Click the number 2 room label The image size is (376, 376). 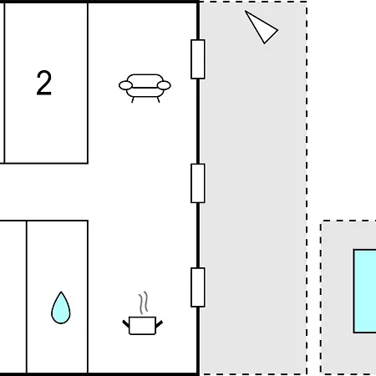44,83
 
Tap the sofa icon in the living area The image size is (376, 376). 145,88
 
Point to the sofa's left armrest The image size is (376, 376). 125,85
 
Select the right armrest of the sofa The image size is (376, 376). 164,85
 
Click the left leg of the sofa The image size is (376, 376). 133,99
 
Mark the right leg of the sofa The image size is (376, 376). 158,99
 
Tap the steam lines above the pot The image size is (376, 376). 144,302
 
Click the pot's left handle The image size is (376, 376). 126,324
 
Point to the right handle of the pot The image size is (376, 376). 159,324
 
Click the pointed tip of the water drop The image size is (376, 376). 61,292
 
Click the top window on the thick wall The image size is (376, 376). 198,59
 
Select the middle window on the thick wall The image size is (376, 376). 198,183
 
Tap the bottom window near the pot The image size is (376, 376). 198,287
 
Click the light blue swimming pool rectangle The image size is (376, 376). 365,292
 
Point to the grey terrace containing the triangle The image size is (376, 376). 253,188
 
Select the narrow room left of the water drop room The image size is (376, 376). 13,297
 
